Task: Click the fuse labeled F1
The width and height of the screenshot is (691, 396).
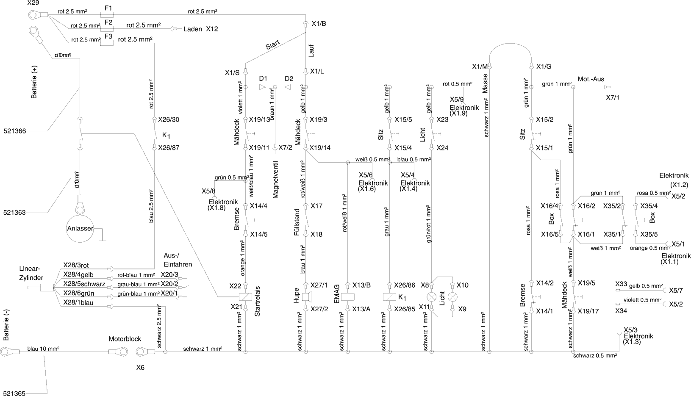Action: (x=108, y=14)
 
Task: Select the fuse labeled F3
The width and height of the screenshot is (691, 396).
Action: (x=108, y=43)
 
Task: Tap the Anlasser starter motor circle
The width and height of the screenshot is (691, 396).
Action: (x=80, y=229)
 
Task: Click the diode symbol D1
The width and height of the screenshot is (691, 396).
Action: (x=262, y=87)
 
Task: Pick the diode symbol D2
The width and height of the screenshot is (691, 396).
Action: (x=288, y=87)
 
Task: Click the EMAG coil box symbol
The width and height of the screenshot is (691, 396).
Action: (x=347, y=297)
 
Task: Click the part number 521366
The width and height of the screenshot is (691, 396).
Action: (x=14, y=131)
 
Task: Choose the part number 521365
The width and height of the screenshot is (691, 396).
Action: (x=14, y=393)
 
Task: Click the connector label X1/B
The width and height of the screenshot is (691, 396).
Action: (x=319, y=24)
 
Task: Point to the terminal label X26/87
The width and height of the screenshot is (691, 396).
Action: (x=169, y=148)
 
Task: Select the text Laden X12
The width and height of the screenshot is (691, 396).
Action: (x=200, y=29)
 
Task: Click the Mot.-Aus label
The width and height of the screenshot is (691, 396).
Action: (x=591, y=79)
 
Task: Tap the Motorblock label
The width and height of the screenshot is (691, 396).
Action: (x=125, y=339)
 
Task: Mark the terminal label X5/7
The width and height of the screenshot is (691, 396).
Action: (x=676, y=291)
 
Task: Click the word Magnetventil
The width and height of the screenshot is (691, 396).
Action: (x=275, y=180)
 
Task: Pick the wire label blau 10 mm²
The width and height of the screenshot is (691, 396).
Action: (x=43, y=349)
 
